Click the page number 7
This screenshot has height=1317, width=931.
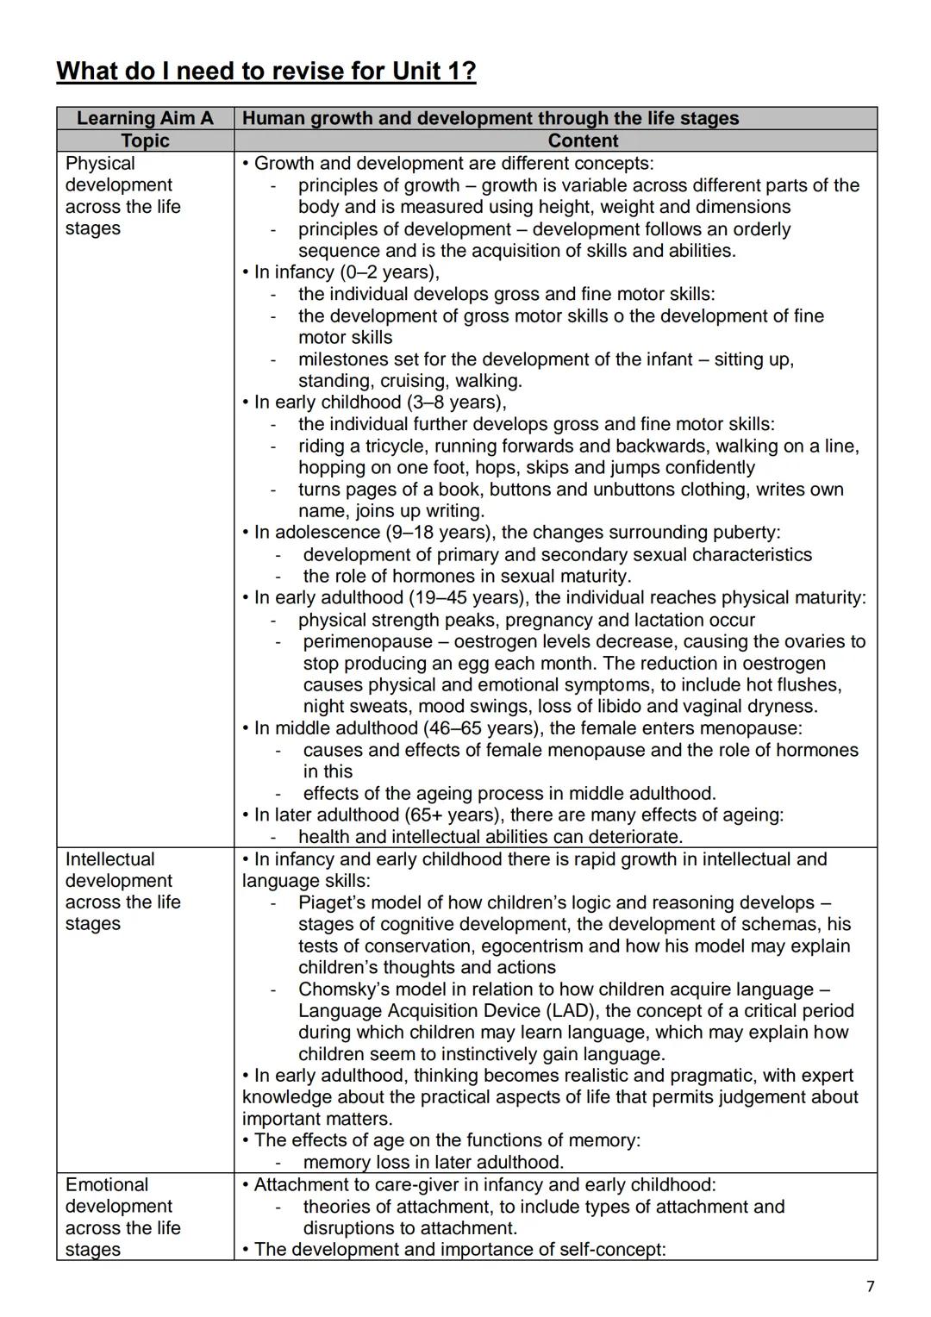pyautogui.click(x=870, y=1287)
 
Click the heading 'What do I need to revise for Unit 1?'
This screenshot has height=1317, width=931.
pyautogui.click(x=266, y=71)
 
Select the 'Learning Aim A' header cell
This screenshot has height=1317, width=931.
pyautogui.click(x=145, y=118)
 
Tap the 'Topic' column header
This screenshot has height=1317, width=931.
pyautogui.click(x=145, y=140)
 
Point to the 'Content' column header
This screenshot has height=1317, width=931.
pyautogui.click(x=583, y=140)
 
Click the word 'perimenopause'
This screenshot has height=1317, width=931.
pyautogui.click(x=367, y=641)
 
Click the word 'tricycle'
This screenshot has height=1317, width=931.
pyautogui.click(x=392, y=446)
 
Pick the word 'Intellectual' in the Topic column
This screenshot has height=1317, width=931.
pyautogui.click(x=110, y=858)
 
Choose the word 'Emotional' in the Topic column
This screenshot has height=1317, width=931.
pyautogui.click(x=107, y=1184)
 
